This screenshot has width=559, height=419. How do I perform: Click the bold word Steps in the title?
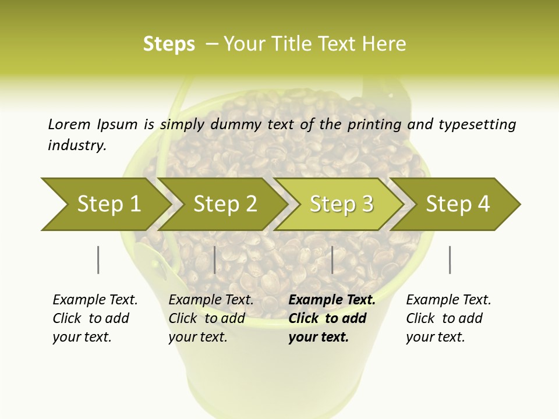[169, 44]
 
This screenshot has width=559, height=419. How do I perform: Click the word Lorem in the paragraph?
[69, 124]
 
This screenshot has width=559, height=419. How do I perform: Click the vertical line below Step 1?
[98, 260]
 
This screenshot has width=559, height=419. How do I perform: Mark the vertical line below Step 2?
[215, 260]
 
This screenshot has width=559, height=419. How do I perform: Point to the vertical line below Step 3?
[332, 260]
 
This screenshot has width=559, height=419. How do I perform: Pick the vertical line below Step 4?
[450, 260]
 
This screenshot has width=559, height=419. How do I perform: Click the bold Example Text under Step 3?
[332, 300]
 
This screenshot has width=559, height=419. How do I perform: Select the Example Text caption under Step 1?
[95, 300]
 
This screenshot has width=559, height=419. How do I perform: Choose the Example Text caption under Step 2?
[211, 300]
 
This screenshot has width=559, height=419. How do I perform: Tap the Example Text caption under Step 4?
[448, 300]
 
